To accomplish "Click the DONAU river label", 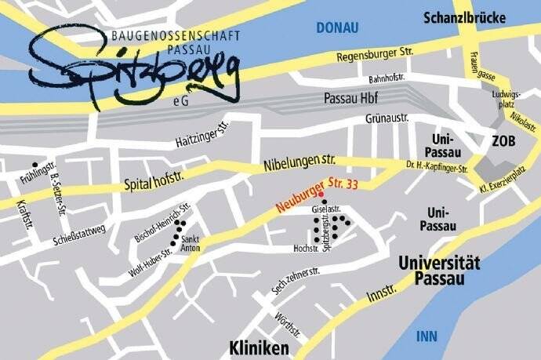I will tap(336, 28).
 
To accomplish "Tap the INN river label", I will tap(427, 336).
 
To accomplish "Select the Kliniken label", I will tap(260, 347).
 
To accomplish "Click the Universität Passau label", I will tap(439, 271).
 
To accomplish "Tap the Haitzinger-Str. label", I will tap(204, 138).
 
